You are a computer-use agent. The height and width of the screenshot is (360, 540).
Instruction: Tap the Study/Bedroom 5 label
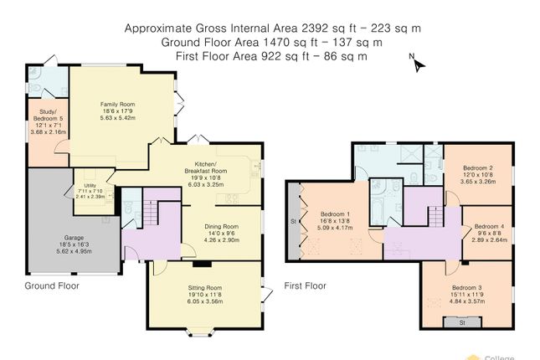click(x=48, y=116)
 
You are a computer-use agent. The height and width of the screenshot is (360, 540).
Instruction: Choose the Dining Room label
click(x=222, y=226)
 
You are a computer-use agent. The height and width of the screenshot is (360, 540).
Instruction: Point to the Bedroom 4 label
click(x=490, y=226)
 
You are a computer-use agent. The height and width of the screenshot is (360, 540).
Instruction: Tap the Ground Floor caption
click(x=52, y=285)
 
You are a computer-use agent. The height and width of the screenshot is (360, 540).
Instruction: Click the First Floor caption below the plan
click(x=305, y=285)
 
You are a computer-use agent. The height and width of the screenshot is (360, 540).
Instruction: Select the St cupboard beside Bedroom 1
click(x=294, y=221)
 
